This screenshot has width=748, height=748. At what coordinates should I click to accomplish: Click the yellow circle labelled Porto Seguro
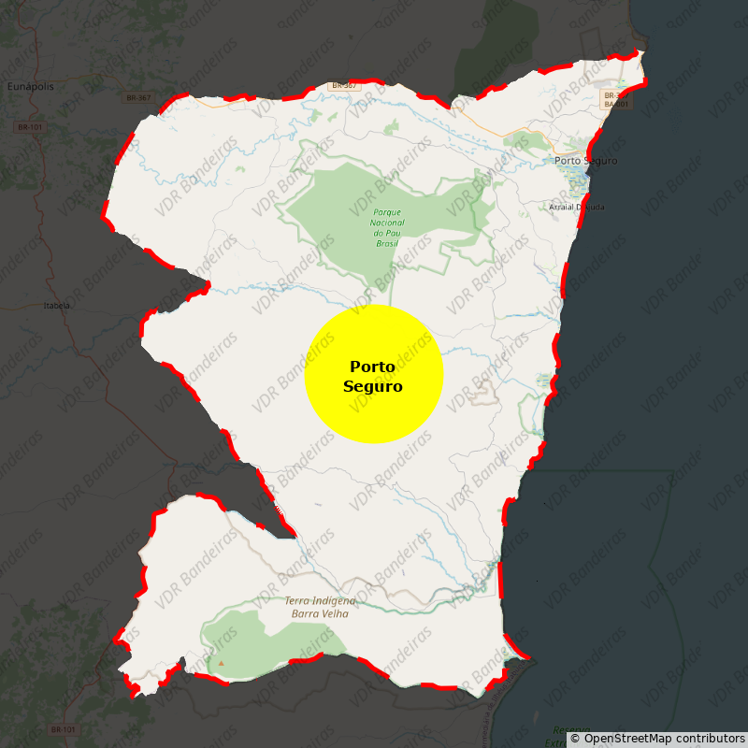point(374,374)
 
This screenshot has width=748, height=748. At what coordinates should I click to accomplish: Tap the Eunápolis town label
point(31,86)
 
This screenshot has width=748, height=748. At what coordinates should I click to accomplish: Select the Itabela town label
point(57,306)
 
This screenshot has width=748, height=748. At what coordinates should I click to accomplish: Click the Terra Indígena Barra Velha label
point(321,607)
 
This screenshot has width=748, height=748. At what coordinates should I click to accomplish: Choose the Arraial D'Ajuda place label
point(577,207)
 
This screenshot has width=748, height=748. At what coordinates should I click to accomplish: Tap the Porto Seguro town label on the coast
point(586,161)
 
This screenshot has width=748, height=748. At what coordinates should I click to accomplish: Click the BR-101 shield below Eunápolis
point(30,127)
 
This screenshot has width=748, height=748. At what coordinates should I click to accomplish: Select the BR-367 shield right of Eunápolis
point(138,98)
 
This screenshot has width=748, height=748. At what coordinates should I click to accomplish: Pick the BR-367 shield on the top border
point(343,86)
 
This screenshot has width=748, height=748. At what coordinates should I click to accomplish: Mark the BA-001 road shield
point(615,105)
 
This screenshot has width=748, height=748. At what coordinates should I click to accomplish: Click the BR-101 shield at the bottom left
point(64,729)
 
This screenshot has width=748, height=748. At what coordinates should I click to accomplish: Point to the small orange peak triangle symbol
point(222,664)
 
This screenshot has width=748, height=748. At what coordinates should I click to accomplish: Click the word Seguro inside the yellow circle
point(373,386)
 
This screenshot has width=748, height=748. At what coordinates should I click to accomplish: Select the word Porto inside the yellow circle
point(373,367)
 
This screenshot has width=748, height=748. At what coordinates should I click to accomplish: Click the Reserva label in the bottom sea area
point(571,730)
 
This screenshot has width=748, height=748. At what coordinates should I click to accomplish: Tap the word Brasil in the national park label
point(387,243)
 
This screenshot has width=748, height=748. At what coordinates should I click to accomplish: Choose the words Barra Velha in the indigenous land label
point(321,613)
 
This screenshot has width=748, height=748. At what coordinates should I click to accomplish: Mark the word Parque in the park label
point(388,212)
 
